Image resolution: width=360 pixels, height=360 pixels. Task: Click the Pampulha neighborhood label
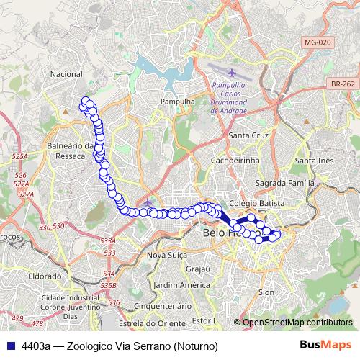[x=179, y=102]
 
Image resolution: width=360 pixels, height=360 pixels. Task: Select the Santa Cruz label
[x=248, y=135]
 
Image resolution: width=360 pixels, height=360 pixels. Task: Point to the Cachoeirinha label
[x=235, y=160]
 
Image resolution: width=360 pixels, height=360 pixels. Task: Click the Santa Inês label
[x=315, y=160]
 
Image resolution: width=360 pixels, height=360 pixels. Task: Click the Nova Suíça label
[x=167, y=256]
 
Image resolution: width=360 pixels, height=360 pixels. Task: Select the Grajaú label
[x=197, y=269]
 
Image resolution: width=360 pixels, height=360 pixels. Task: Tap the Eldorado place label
[x=44, y=276]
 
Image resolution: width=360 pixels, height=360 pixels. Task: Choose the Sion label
[x=266, y=292]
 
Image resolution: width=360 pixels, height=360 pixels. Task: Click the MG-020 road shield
[x=317, y=42]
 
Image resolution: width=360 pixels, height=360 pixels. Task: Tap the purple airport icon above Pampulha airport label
[x=232, y=73]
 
